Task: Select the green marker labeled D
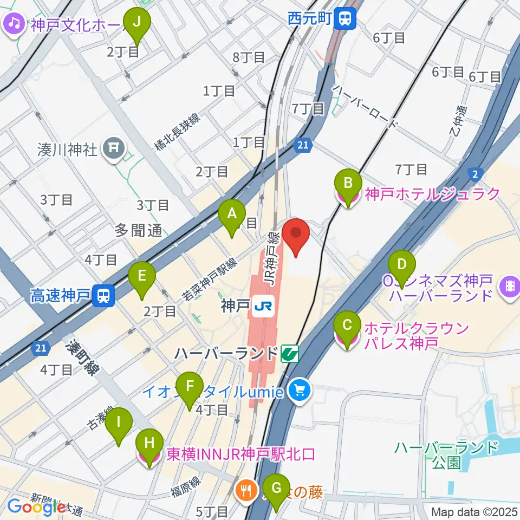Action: tap(401, 264)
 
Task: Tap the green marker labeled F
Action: tap(189, 387)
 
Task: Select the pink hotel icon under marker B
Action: tap(347, 196)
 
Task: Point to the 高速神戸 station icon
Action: tap(102, 295)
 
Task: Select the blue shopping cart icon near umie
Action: tap(298, 389)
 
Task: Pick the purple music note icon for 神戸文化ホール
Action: tap(14, 23)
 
